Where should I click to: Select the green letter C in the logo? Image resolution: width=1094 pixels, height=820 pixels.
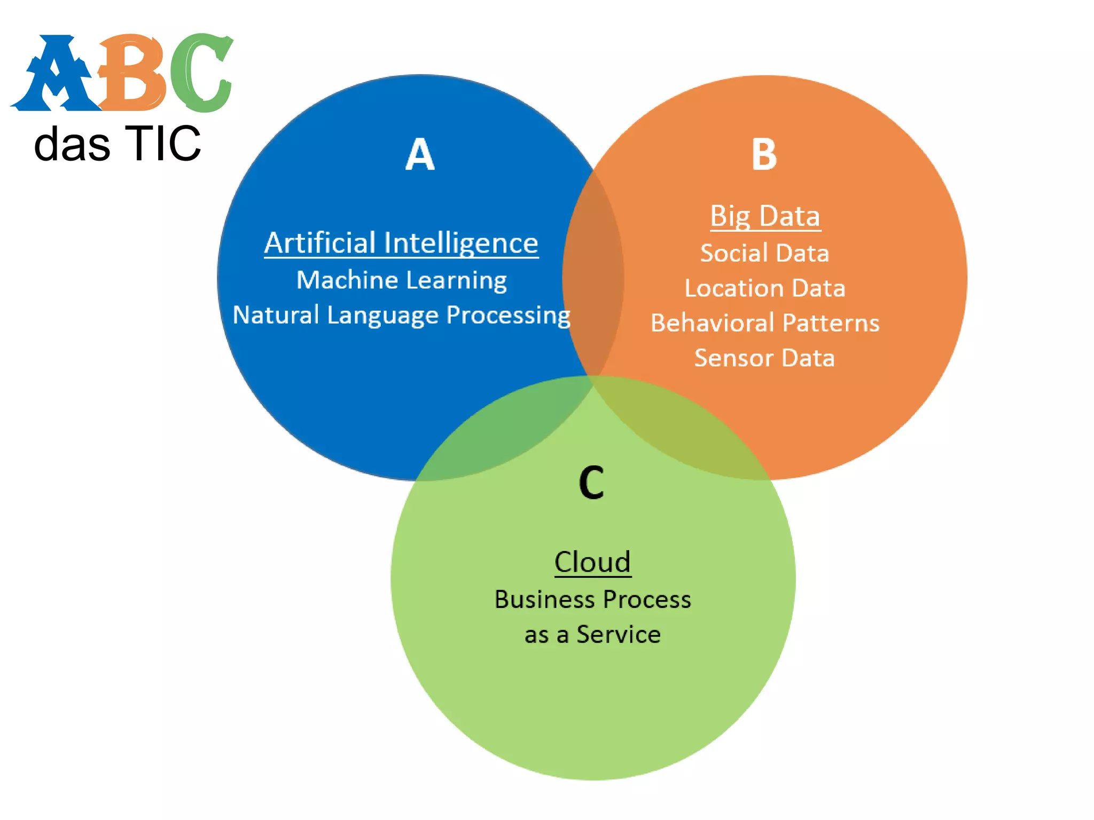pyautogui.click(x=200, y=73)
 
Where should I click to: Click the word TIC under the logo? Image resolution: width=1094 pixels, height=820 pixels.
pyautogui.click(x=163, y=144)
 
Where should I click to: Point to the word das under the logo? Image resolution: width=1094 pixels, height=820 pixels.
pyautogui.click(x=72, y=145)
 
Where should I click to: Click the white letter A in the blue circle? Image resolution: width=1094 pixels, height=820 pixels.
pyautogui.click(x=420, y=155)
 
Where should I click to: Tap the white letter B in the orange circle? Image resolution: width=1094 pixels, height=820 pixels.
pyautogui.click(x=764, y=155)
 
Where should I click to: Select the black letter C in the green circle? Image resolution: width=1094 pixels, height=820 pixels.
pyautogui.click(x=591, y=483)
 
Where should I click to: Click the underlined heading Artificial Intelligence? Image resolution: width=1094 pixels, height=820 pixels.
pyautogui.click(x=401, y=243)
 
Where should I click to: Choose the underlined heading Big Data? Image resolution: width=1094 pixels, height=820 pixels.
pyautogui.click(x=765, y=216)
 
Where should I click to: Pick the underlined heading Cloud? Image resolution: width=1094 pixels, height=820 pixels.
pyautogui.click(x=592, y=562)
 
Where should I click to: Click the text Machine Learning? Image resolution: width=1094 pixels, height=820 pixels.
pyautogui.click(x=401, y=280)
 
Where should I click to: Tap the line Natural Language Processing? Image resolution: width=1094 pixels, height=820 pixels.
pyautogui.click(x=401, y=315)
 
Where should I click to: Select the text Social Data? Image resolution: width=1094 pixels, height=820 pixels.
pyautogui.click(x=764, y=253)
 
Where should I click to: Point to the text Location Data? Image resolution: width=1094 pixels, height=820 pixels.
pyautogui.click(x=764, y=288)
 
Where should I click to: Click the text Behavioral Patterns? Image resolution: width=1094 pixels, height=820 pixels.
pyautogui.click(x=764, y=323)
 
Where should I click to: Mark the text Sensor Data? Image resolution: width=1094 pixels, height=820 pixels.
pyautogui.click(x=764, y=358)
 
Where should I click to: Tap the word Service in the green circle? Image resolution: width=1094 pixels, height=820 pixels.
pyautogui.click(x=618, y=635)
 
